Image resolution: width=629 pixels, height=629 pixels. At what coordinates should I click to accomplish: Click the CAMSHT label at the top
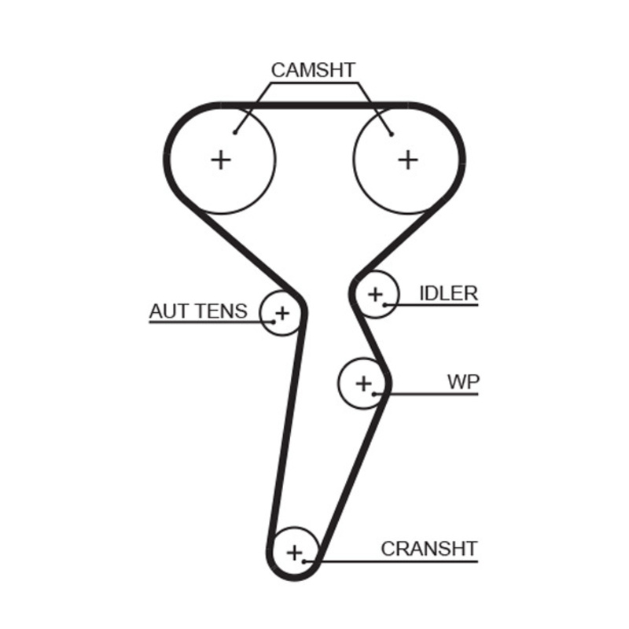click(313, 70)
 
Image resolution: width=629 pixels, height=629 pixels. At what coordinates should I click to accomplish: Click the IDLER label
click(448, 293)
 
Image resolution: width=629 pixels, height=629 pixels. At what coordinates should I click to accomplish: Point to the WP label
click(463, 382)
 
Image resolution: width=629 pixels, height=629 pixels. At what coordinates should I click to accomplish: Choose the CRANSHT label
click(429, 548)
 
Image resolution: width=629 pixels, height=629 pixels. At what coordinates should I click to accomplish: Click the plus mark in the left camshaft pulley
click(222, 160)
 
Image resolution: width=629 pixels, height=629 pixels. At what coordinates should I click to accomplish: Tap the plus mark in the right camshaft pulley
click(407, 160)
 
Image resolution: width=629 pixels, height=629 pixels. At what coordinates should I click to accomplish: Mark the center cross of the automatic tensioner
click(281, 313)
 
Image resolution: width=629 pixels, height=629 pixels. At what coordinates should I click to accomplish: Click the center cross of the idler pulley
click(375, 294)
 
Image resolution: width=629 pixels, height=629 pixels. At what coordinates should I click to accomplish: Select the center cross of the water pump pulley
click(363, 383)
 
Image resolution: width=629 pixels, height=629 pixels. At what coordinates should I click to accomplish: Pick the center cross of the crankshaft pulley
click(294, 552)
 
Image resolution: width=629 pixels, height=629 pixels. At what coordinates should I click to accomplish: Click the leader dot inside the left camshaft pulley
click(235, 133)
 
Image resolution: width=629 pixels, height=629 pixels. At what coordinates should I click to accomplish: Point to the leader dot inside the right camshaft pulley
click(391, 133)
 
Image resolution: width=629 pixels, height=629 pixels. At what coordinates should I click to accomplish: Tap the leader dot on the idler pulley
click(384, 304)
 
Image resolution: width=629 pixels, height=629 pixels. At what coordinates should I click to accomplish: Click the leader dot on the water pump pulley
click(376, 392)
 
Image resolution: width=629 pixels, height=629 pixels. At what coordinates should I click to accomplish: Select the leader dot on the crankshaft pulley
click(305, 561)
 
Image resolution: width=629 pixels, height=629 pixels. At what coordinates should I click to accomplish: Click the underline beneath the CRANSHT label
click(401, 561)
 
